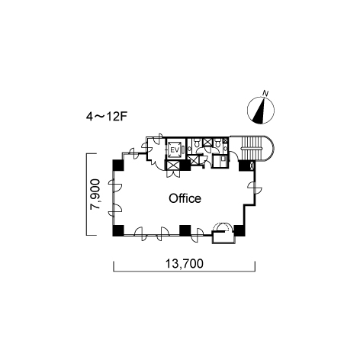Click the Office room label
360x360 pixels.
pos(185,198)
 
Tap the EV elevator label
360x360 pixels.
pos(175,149)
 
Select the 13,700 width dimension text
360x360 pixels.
pos(185,264)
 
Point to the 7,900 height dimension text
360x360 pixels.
pos(95,194)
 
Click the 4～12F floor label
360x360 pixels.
pos(106,117)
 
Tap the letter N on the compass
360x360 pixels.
pos(266,93)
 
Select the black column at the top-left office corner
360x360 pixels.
pos(118,166)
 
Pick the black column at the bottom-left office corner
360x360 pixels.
pos(118,230)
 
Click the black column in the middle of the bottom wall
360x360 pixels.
pos(185,230)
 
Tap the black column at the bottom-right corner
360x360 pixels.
pos(239,230)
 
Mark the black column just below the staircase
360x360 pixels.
pos(245,166)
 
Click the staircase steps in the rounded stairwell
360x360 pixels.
pos(251,148)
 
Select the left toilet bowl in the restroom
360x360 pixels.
pos(196,143)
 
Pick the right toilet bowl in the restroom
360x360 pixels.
pos(217,143)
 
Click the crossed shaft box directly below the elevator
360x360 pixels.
pos(172,166)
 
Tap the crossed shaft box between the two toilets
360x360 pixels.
pos(207,142)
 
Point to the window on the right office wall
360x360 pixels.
pos(255,188)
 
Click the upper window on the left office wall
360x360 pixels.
pos(114,185)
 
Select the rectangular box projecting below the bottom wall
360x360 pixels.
pos(223,238)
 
